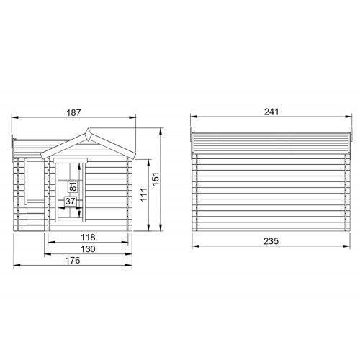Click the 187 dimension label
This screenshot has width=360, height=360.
73,112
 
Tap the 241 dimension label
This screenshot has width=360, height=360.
271,112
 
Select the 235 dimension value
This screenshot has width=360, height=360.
271,241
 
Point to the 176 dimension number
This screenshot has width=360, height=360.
73,260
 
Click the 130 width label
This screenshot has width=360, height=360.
88,249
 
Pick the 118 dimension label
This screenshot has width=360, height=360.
88,238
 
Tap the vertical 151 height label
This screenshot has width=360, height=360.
156,179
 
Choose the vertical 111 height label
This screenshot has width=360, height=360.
143,194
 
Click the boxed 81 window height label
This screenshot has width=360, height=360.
73,186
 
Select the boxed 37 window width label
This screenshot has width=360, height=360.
71,201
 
